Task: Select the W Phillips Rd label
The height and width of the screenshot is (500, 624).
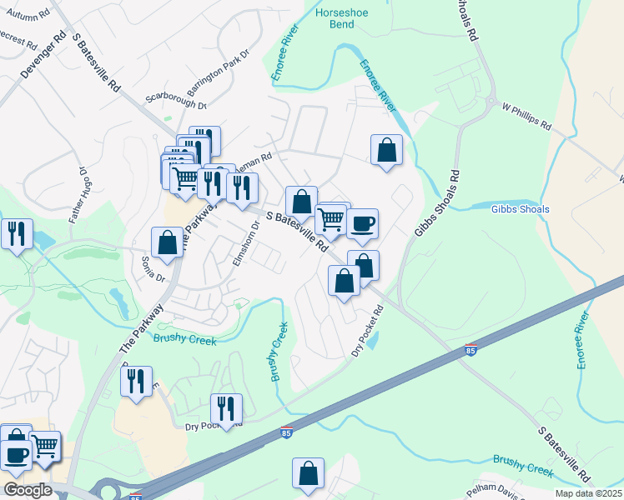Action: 526,116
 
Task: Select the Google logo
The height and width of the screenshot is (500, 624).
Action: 28,490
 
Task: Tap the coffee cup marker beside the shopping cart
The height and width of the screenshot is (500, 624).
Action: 362,223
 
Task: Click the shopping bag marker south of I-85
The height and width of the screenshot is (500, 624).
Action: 308,473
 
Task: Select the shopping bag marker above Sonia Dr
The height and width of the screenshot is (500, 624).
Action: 167,242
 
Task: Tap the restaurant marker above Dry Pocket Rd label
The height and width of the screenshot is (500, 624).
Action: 226,407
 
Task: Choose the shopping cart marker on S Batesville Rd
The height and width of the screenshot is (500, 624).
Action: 331,218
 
